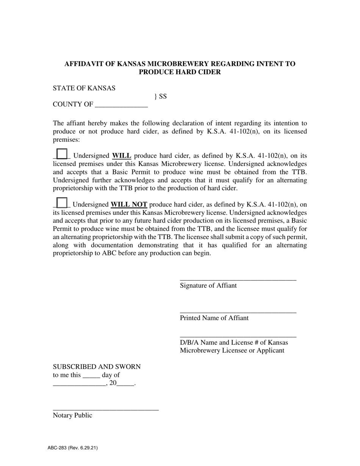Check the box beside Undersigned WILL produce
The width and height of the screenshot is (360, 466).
[61, 154]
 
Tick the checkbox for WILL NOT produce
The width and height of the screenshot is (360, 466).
[61, 203]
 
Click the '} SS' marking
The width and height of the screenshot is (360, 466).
[161, 96]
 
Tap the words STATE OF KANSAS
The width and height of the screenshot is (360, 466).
[84, 88]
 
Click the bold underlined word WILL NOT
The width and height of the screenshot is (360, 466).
[128, 205]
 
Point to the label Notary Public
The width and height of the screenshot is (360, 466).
[72, 415]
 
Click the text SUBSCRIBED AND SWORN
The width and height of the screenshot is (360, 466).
[97, 367]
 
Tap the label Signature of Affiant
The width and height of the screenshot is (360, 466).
[208, 285]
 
